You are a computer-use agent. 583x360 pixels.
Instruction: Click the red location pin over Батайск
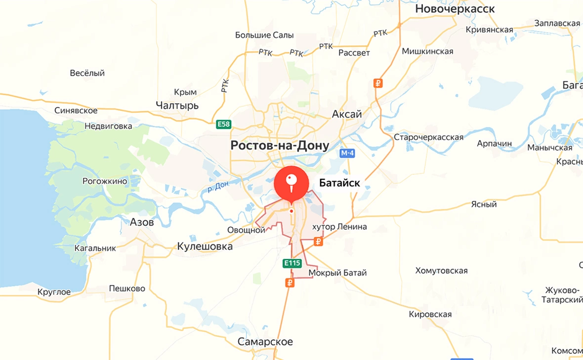pos(291,184)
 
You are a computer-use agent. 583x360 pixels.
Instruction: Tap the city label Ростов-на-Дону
pos(279,146)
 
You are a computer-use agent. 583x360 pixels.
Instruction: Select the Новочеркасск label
pos(455,9)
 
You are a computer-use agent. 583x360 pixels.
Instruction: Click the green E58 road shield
pos(224,124)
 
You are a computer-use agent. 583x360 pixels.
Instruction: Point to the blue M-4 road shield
pos(347,153)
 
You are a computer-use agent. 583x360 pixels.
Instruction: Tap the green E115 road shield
pos(292,263)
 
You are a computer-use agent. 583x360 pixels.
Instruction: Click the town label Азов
pos(142,222)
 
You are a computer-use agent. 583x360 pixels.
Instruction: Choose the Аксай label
pos(346,114)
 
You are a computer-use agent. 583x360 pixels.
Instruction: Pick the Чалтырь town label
pos(177,105)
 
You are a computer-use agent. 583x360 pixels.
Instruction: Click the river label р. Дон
pos(218,187)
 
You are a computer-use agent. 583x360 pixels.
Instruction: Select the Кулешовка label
pos(205,246)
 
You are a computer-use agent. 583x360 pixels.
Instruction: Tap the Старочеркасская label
pos(428,137)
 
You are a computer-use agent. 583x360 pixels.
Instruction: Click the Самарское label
pos(265,342)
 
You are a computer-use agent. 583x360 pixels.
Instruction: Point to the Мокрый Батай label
pos(337,273)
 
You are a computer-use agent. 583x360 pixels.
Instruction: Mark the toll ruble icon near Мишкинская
pos(378,83)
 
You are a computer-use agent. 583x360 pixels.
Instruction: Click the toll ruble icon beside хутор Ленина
pos(318,241)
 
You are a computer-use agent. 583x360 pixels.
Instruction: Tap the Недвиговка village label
pos(108,126)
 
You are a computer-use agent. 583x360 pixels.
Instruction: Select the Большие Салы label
pos(264,35)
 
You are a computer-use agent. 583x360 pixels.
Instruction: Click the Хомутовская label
pos(441,271)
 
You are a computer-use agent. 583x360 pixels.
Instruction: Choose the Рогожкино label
pos(105,181)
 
